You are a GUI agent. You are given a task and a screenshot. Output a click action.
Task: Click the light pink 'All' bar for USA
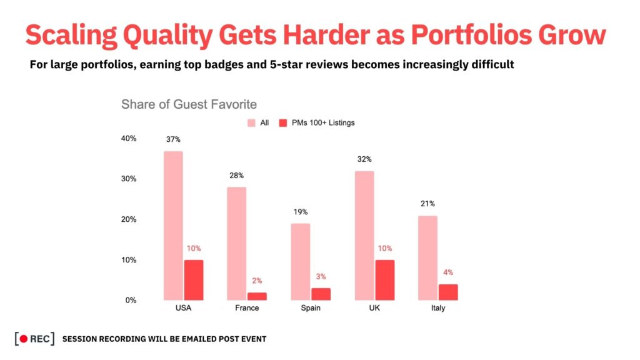click(x=173, y=226)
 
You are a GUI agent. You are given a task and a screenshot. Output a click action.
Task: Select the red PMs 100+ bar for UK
click(x=384, y=280)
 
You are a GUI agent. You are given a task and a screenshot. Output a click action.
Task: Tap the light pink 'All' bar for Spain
click(x=300, y=262)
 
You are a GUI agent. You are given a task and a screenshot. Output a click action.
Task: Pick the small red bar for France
click(x=257, y=296)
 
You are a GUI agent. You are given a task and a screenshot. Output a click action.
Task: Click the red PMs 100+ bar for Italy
click(x=448, y=292)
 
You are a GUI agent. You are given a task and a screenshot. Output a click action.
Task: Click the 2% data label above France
click(x=257, y=281)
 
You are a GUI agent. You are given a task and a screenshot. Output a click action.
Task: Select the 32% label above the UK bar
click(x=364, y=159)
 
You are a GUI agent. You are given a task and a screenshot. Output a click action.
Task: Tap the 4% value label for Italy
click(x=448, y=272)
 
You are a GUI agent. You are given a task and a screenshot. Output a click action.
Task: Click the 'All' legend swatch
click(x=252, y=122)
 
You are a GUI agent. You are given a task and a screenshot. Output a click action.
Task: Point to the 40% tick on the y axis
click(x=129, y=139)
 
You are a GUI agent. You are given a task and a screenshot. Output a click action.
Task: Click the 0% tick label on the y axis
click(x=131, y=301)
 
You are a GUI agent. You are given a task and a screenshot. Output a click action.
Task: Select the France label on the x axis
click(x=247, y=309)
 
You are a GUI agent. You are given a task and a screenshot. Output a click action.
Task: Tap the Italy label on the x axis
click(x=437, y=309)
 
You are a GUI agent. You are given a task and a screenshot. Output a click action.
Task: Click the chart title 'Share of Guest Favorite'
click(x=189, y=104)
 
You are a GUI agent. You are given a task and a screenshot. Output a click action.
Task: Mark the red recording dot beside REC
click(x=24, y=339)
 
